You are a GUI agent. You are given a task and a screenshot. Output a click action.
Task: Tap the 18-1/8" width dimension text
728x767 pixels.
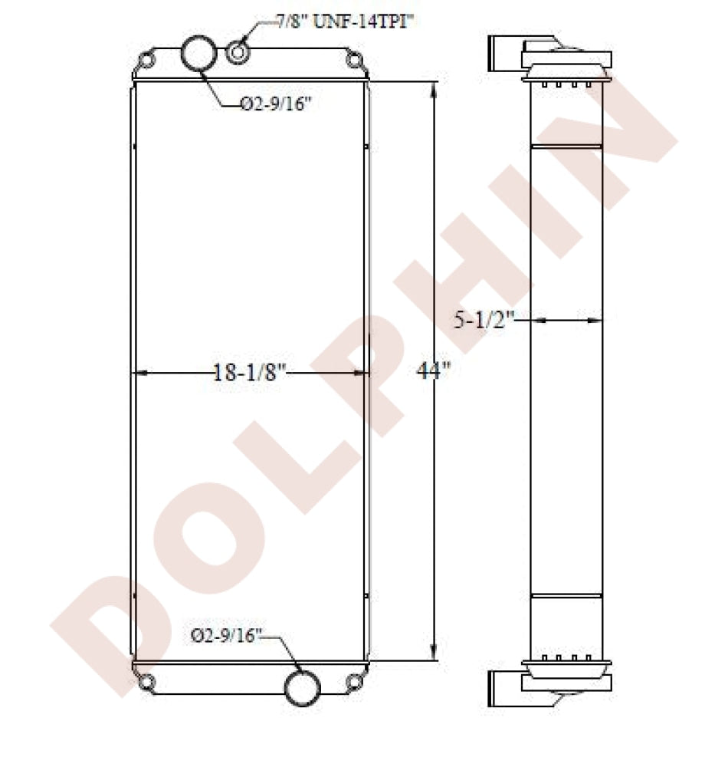tap(249, 373)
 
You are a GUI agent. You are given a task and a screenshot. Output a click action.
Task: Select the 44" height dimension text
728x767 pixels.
tap(433, 370)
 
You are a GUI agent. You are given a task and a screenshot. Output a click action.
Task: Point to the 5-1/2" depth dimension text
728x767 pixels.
tap(484, 320)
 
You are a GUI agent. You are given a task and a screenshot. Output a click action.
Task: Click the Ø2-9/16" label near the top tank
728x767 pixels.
tap(276, 104)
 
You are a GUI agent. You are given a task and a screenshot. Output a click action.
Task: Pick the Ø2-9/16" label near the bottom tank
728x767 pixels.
tap(226, 635)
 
